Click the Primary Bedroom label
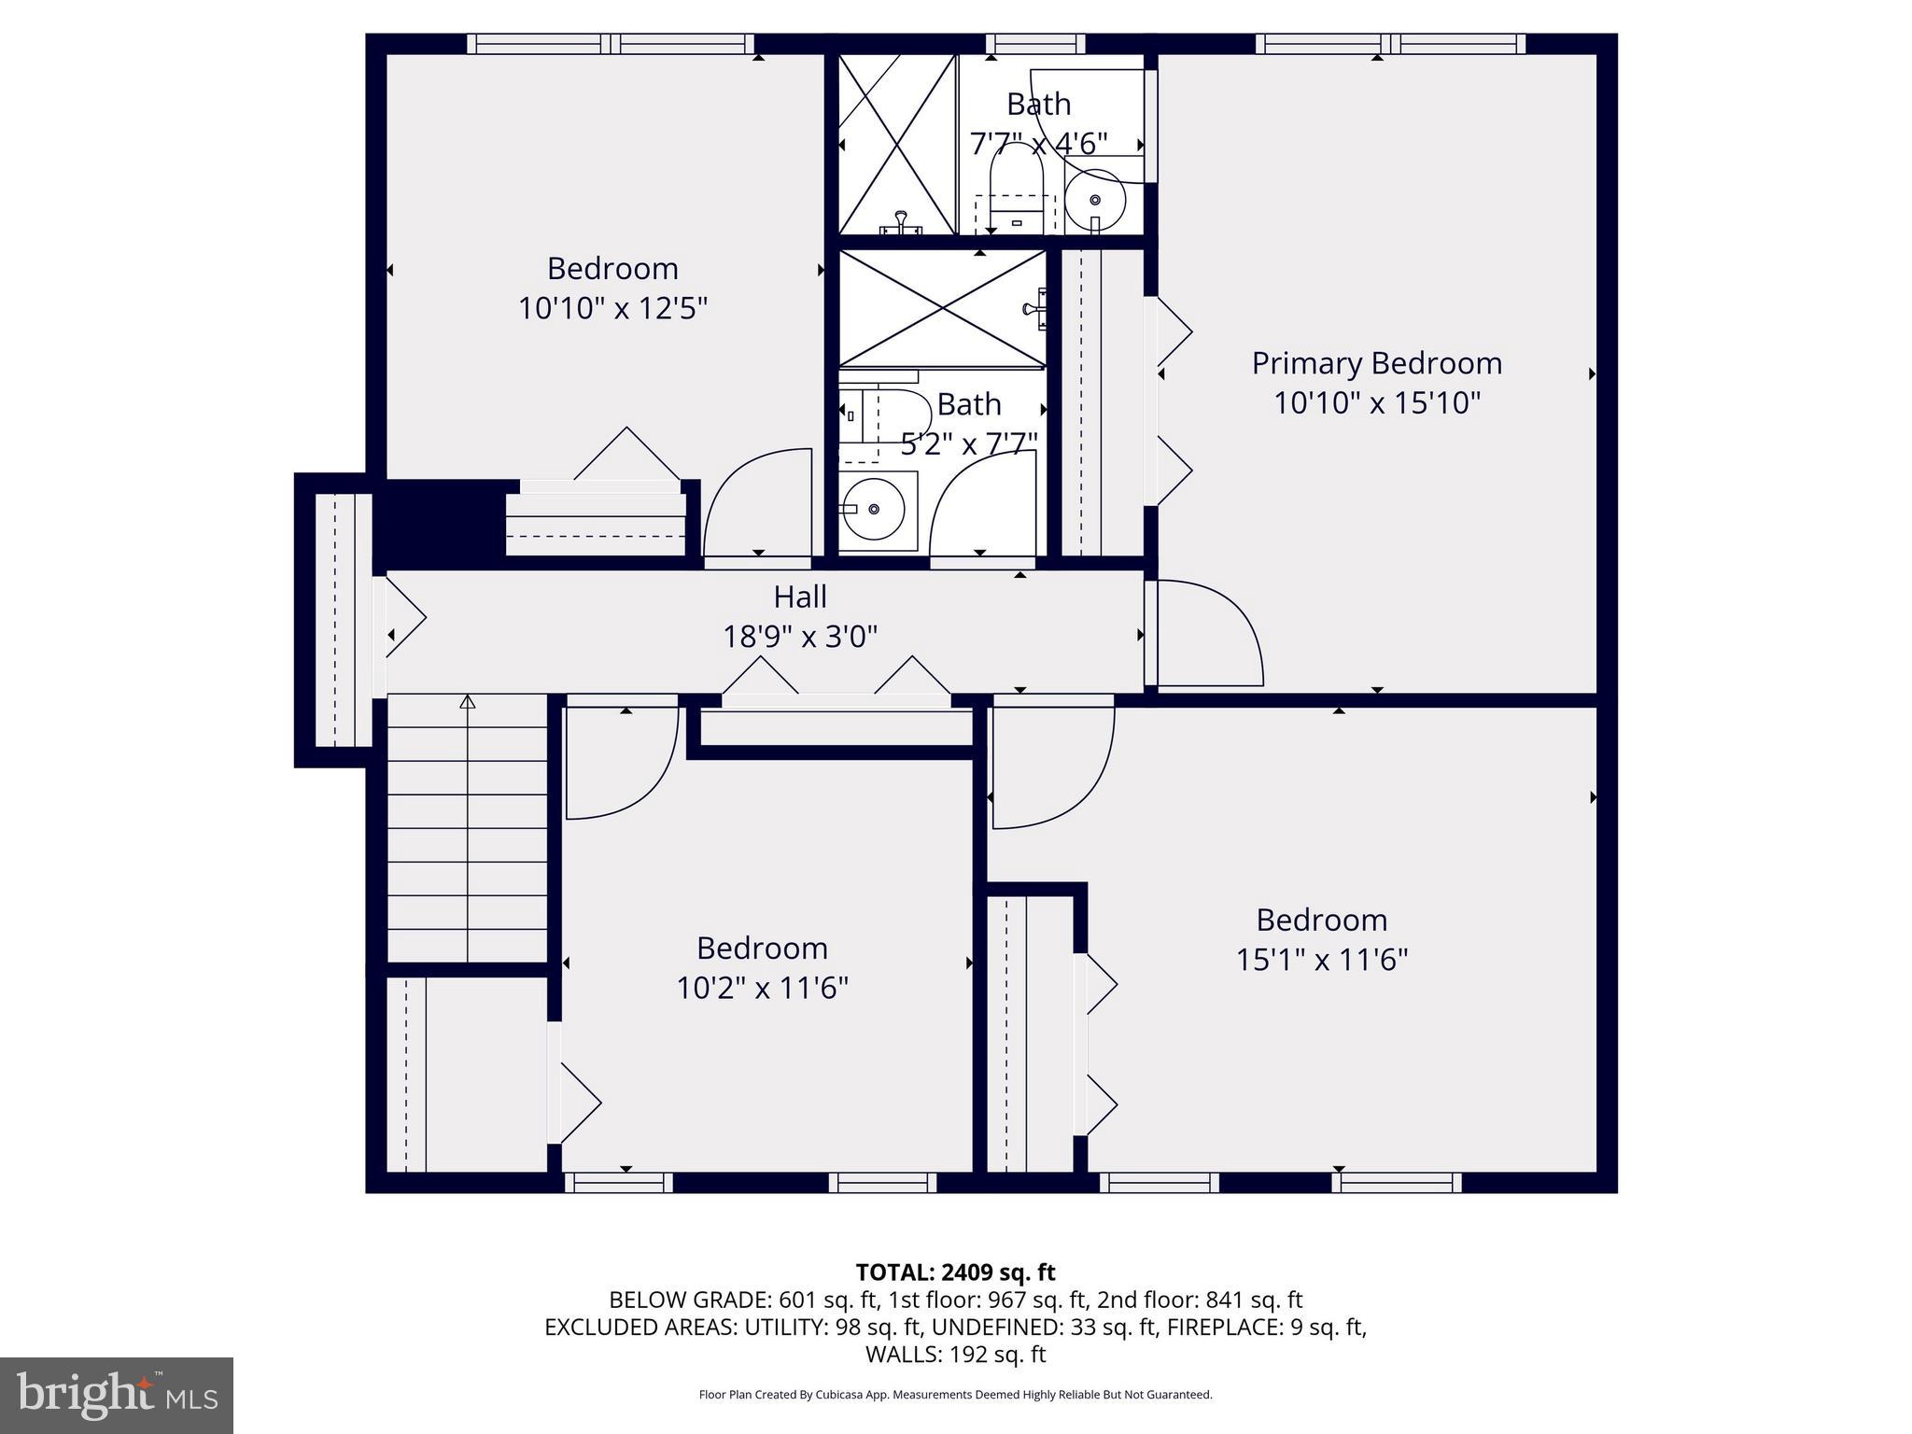pos(1376,363)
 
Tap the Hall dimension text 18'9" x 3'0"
pos(800,637)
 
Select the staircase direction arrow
pos(468,702)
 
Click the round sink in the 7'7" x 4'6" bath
pos(1094,200)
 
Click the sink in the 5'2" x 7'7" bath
pos(875,509)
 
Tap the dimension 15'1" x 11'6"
pos(1321,960)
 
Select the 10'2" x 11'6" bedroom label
pos(762,949)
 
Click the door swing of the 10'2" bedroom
pos(621,762)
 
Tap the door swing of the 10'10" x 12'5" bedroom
pos(758,504)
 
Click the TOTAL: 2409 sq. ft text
pos(955,1272)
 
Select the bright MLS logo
pos(117,1395)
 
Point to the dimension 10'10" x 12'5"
pos(612,308)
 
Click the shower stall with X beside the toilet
pos(896,144)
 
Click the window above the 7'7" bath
pos(1035,43)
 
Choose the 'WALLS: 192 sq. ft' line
pos(955,1354)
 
